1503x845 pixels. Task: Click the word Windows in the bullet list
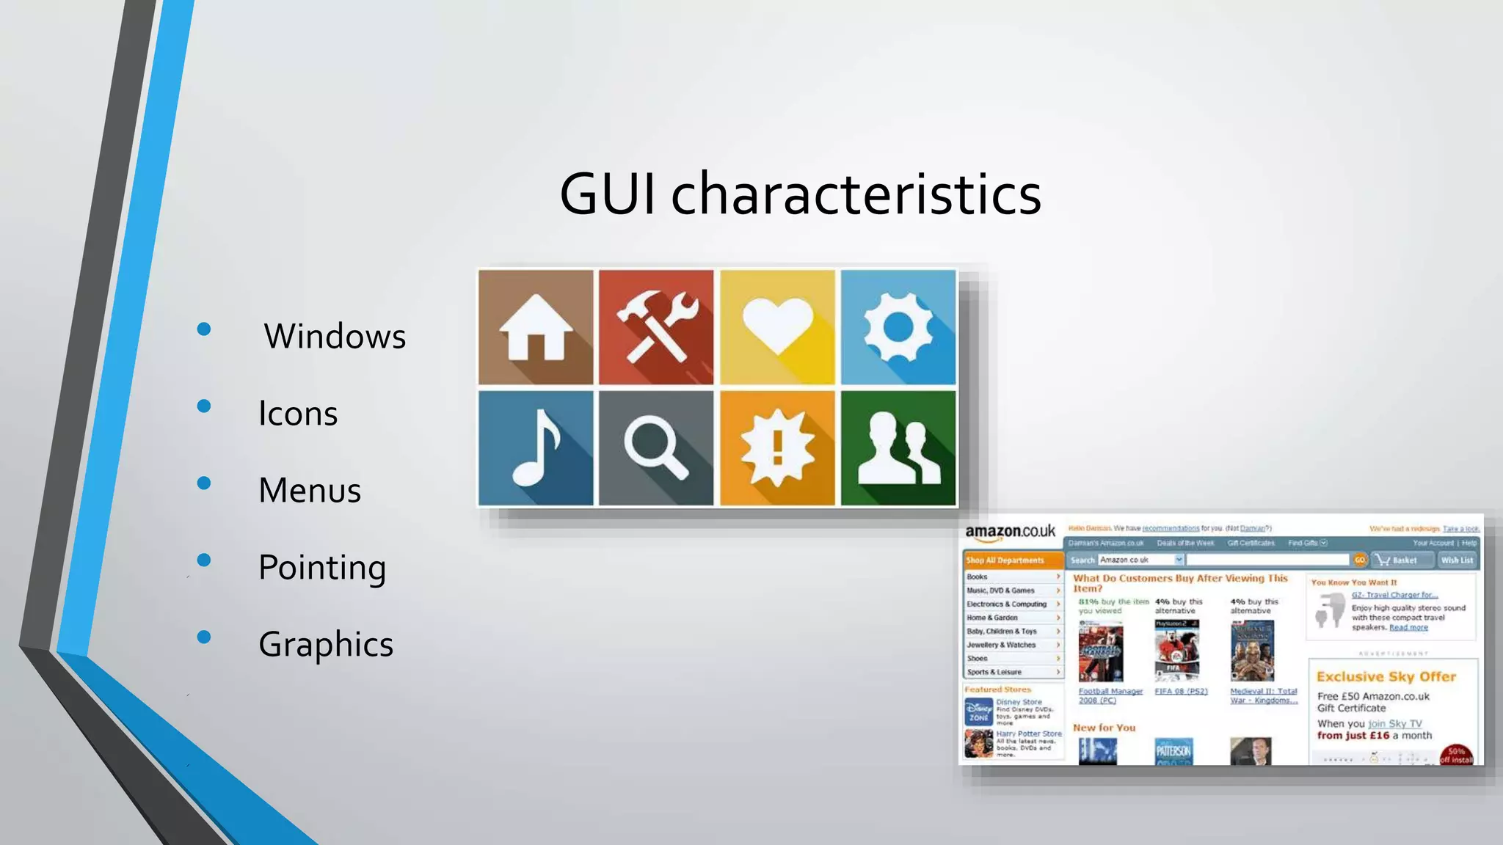click(335, 337)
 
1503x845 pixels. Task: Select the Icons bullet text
click(298, 414)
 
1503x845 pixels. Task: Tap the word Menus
click(310, 491)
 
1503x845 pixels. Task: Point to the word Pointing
click(322, 568)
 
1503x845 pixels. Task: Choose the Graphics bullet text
click(326, 645)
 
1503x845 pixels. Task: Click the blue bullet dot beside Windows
click(204, 329)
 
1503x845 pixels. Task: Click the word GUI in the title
click(607, 194)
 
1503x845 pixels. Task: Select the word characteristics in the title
click(856, 194)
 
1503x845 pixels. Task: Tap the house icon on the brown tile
click(536, 327)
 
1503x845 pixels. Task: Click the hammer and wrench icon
click(656, 327)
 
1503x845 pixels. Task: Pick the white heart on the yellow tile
click(777, 326)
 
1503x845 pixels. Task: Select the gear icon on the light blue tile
click(898, 327)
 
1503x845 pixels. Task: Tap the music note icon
click(536, 448)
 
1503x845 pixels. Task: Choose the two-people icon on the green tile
click(898, 448)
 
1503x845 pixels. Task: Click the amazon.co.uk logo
click(1010, 531)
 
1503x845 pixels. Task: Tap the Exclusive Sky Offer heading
click(1386, 676)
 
